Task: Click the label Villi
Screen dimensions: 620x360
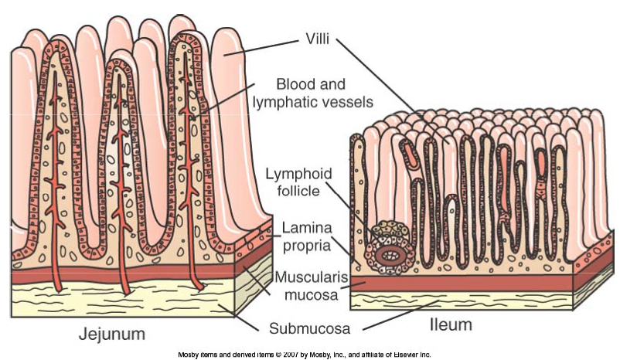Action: [x=317, y=39]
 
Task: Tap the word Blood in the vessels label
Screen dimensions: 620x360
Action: [x=294, y=84]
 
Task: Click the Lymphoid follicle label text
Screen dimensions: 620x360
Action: [x=298, y=182]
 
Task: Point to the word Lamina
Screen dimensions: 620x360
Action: [x=307, y=228]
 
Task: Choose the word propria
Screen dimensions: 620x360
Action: [x=307, y=246]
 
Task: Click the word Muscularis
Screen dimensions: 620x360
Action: [x=311, y=277]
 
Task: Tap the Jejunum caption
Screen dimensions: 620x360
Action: [x=112, y=335]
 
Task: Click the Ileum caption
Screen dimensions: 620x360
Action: [x=451, y=324]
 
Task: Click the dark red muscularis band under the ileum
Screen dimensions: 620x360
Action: [x=462, y=284]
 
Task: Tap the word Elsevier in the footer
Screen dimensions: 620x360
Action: [x=406, y=355]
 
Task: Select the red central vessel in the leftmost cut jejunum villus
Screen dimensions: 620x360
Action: [x=55, y=182]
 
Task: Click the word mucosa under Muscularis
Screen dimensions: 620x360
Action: [x=312, y=295]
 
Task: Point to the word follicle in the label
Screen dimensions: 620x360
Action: [x=298, y=191]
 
